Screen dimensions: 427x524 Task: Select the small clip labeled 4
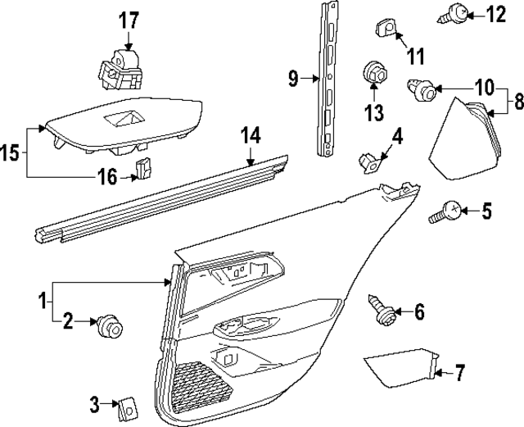pyautogui.click(x=370, y=161)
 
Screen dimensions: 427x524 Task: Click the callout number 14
pyautogui.click(x=250, y=136)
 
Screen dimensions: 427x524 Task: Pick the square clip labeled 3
pyautogui.click(x=127, y=404)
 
